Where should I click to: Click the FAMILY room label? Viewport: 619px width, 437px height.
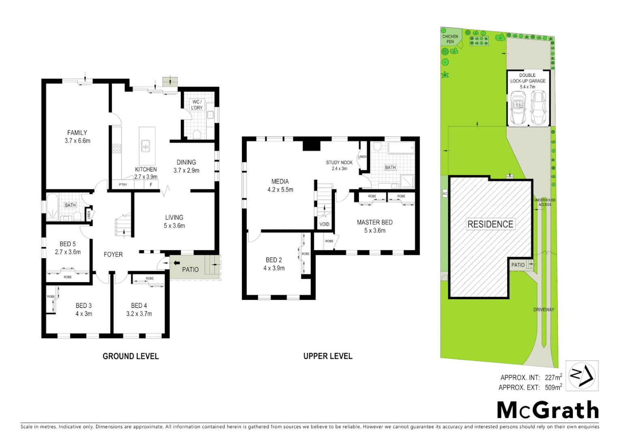point(77,133)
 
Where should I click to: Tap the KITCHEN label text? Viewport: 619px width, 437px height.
point(146,170)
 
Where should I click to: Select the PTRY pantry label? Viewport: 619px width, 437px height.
point(123,185)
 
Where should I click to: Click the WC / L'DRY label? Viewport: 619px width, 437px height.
point(197,105)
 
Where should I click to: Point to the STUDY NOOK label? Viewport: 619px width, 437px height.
point(339,163)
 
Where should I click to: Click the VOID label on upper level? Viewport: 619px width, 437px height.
point(324,224)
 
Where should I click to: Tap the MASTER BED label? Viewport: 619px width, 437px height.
point(374,222)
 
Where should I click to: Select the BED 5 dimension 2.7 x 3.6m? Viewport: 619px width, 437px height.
point(68,252)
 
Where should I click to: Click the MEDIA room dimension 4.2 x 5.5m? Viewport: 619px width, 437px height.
point(280,190)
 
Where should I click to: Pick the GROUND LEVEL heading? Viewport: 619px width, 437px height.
point(130,356)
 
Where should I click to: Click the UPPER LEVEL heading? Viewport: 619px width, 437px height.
point(328,356)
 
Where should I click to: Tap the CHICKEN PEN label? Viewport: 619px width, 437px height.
point(450,39)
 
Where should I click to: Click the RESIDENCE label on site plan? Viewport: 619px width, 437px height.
point(490,224)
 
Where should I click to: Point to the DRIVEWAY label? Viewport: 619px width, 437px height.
point(544,310)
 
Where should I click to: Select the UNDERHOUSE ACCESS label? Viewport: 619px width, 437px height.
point(544,202)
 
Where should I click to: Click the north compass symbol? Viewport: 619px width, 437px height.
point(582,376)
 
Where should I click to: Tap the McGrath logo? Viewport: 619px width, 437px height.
point(548,410)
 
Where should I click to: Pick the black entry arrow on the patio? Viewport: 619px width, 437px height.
point(177,263)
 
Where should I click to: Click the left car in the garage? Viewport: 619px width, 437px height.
point(518,108)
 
